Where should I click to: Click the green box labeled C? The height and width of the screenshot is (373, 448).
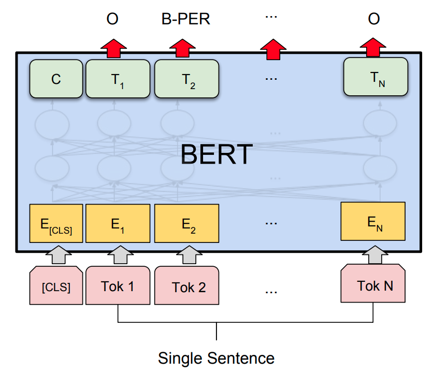click(x=56, y=79)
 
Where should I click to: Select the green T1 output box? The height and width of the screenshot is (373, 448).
click(x=118, y=79)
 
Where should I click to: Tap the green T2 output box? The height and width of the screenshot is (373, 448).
click(x=187, y=79)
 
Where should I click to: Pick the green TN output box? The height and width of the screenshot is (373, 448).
click(x=376, y=77)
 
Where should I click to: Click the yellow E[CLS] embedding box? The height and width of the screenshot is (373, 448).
click(x=56, y=224)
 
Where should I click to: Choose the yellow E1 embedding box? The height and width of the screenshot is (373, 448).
click(x=118, y=224)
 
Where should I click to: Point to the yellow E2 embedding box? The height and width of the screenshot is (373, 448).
click(x=187, y=224)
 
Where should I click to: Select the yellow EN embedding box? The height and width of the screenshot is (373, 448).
click(x=373, y=222)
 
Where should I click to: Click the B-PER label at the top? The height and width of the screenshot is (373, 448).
click(x=185, y=20)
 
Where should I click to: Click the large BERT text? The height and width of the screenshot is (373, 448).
click(x=217, y=154)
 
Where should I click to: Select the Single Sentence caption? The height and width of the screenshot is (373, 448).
click(x=216, y=357)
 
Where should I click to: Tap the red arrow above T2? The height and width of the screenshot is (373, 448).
click(x=182, y=48)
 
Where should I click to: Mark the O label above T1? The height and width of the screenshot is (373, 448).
click(x=112, y=20)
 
